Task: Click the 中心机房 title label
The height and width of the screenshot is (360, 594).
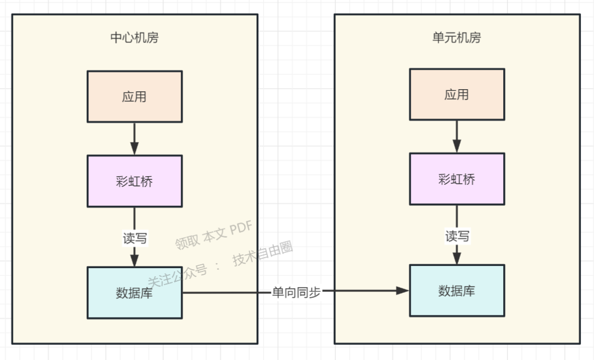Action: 135,38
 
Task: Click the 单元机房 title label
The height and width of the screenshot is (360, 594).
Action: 457,38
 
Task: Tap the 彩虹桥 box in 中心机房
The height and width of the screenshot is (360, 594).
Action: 135,181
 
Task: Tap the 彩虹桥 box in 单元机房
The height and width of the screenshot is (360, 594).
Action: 457,179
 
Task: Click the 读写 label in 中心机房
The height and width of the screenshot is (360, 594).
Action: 135,238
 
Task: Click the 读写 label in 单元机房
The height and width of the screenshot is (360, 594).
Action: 457,236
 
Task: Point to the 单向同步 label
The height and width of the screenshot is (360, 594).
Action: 296,292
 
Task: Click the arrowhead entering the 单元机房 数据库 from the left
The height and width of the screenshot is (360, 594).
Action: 403,291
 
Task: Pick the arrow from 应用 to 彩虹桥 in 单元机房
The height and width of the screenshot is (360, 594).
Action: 457,137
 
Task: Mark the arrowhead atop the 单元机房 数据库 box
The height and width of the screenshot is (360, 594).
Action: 457,258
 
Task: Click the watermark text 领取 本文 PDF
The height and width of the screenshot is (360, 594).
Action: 213,236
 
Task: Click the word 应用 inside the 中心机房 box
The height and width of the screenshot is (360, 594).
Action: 135,97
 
